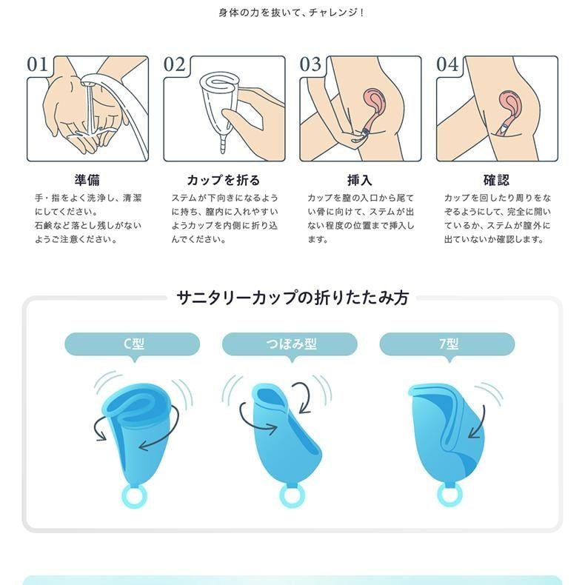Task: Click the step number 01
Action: (38, 64)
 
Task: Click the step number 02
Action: (175, 64)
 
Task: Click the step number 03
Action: (311, 64)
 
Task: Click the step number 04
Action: (447, 64)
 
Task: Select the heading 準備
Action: (87, 180)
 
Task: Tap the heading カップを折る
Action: (224, 180)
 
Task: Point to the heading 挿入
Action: (360, 180)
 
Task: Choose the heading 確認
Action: (496, 180)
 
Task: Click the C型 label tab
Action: (133, 344)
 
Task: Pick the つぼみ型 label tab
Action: (290, 344)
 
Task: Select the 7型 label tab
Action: (447, 344)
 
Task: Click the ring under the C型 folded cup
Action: (133, 495)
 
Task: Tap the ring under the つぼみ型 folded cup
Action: (291, 495)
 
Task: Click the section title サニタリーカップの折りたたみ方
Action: (292, 298)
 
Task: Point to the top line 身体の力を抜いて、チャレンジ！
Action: (292, 13)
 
